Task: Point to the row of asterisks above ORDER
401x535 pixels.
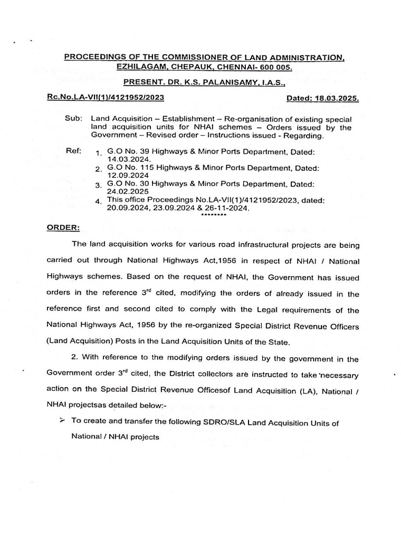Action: click(x=214, y=215)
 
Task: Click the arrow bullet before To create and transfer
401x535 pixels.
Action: click(x=62, y=421)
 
